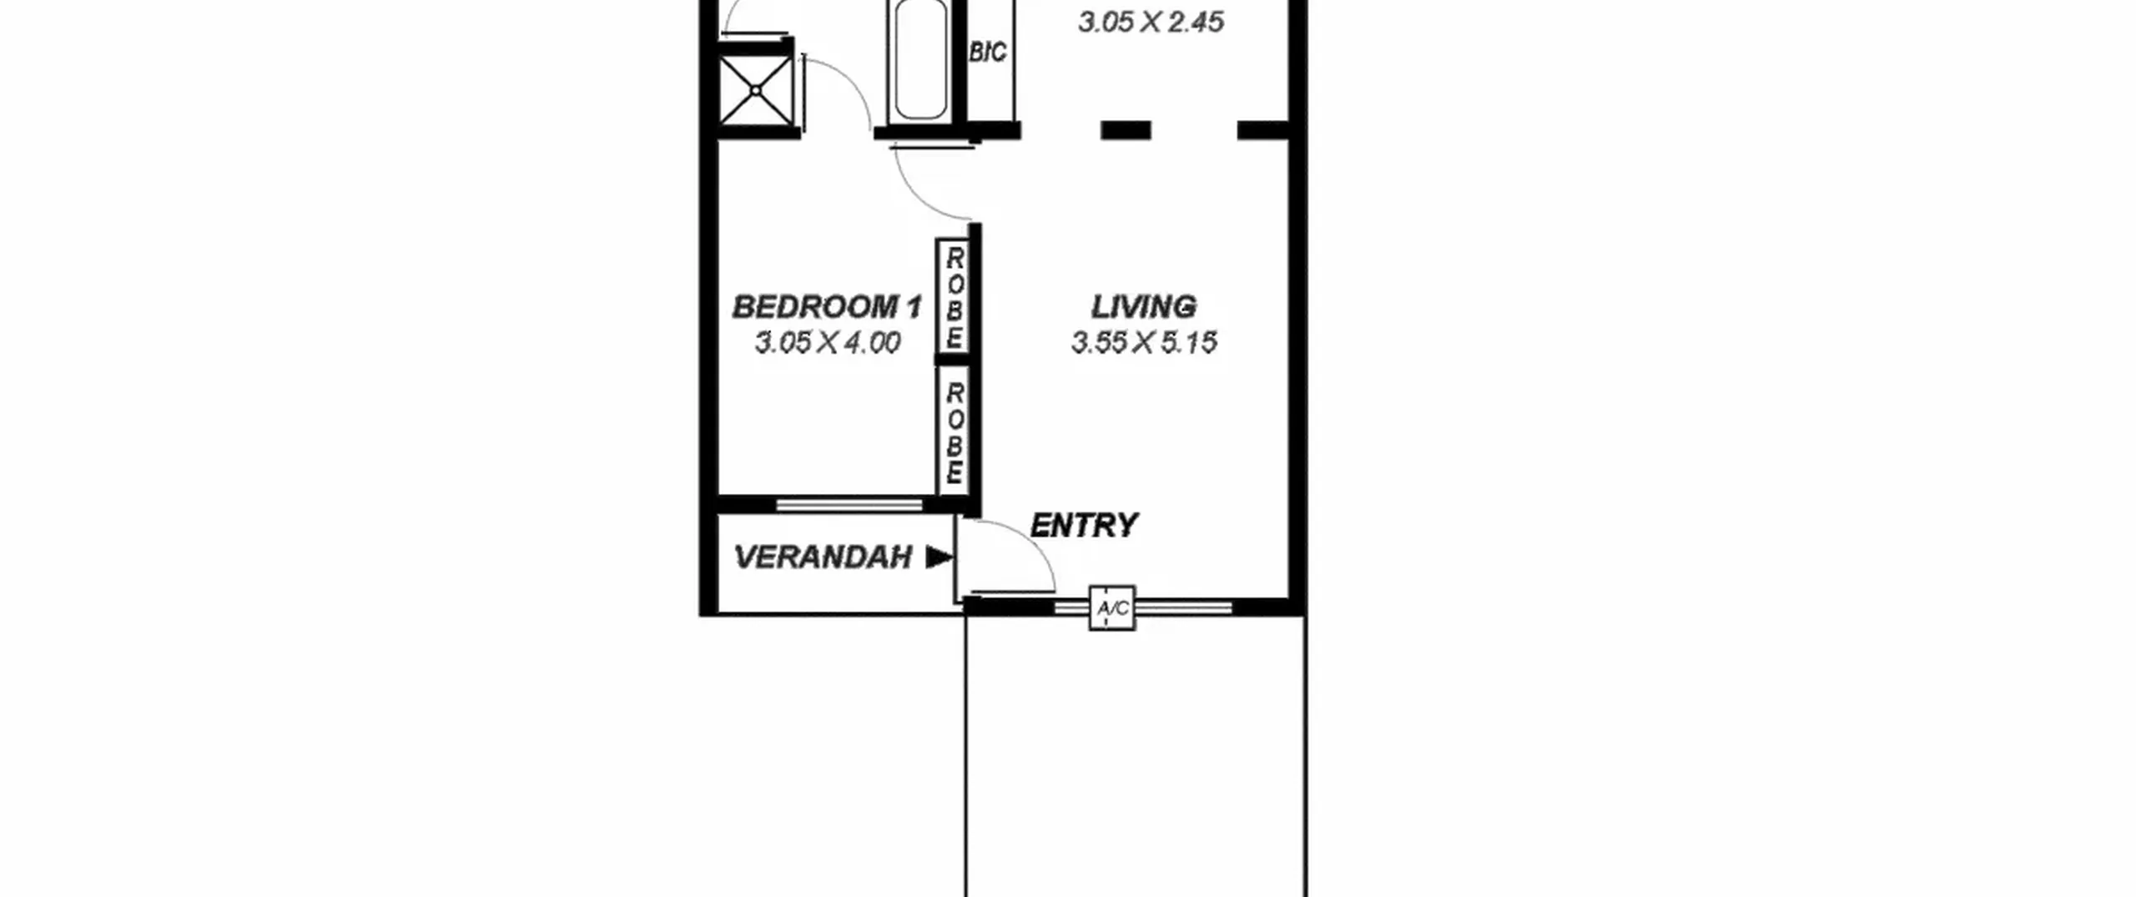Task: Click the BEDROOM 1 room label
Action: pos(827,307)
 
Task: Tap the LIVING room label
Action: pos(1144,306)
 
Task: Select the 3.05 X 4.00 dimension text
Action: pos(827,342)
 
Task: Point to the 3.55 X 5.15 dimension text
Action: pos(1144,342)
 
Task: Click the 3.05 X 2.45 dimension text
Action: pos(1151,22)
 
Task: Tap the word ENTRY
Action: pos(1084,525)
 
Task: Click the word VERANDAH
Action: pos(823,557)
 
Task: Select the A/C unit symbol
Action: pos(1112,607)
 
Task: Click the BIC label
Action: pos(988,53)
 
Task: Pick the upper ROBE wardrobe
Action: pos(953,298)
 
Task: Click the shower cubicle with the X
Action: pos(756,89)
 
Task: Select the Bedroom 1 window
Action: pos(849,505)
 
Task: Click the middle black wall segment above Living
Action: pos(1126,130)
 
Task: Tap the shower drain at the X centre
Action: pos(756,89)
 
